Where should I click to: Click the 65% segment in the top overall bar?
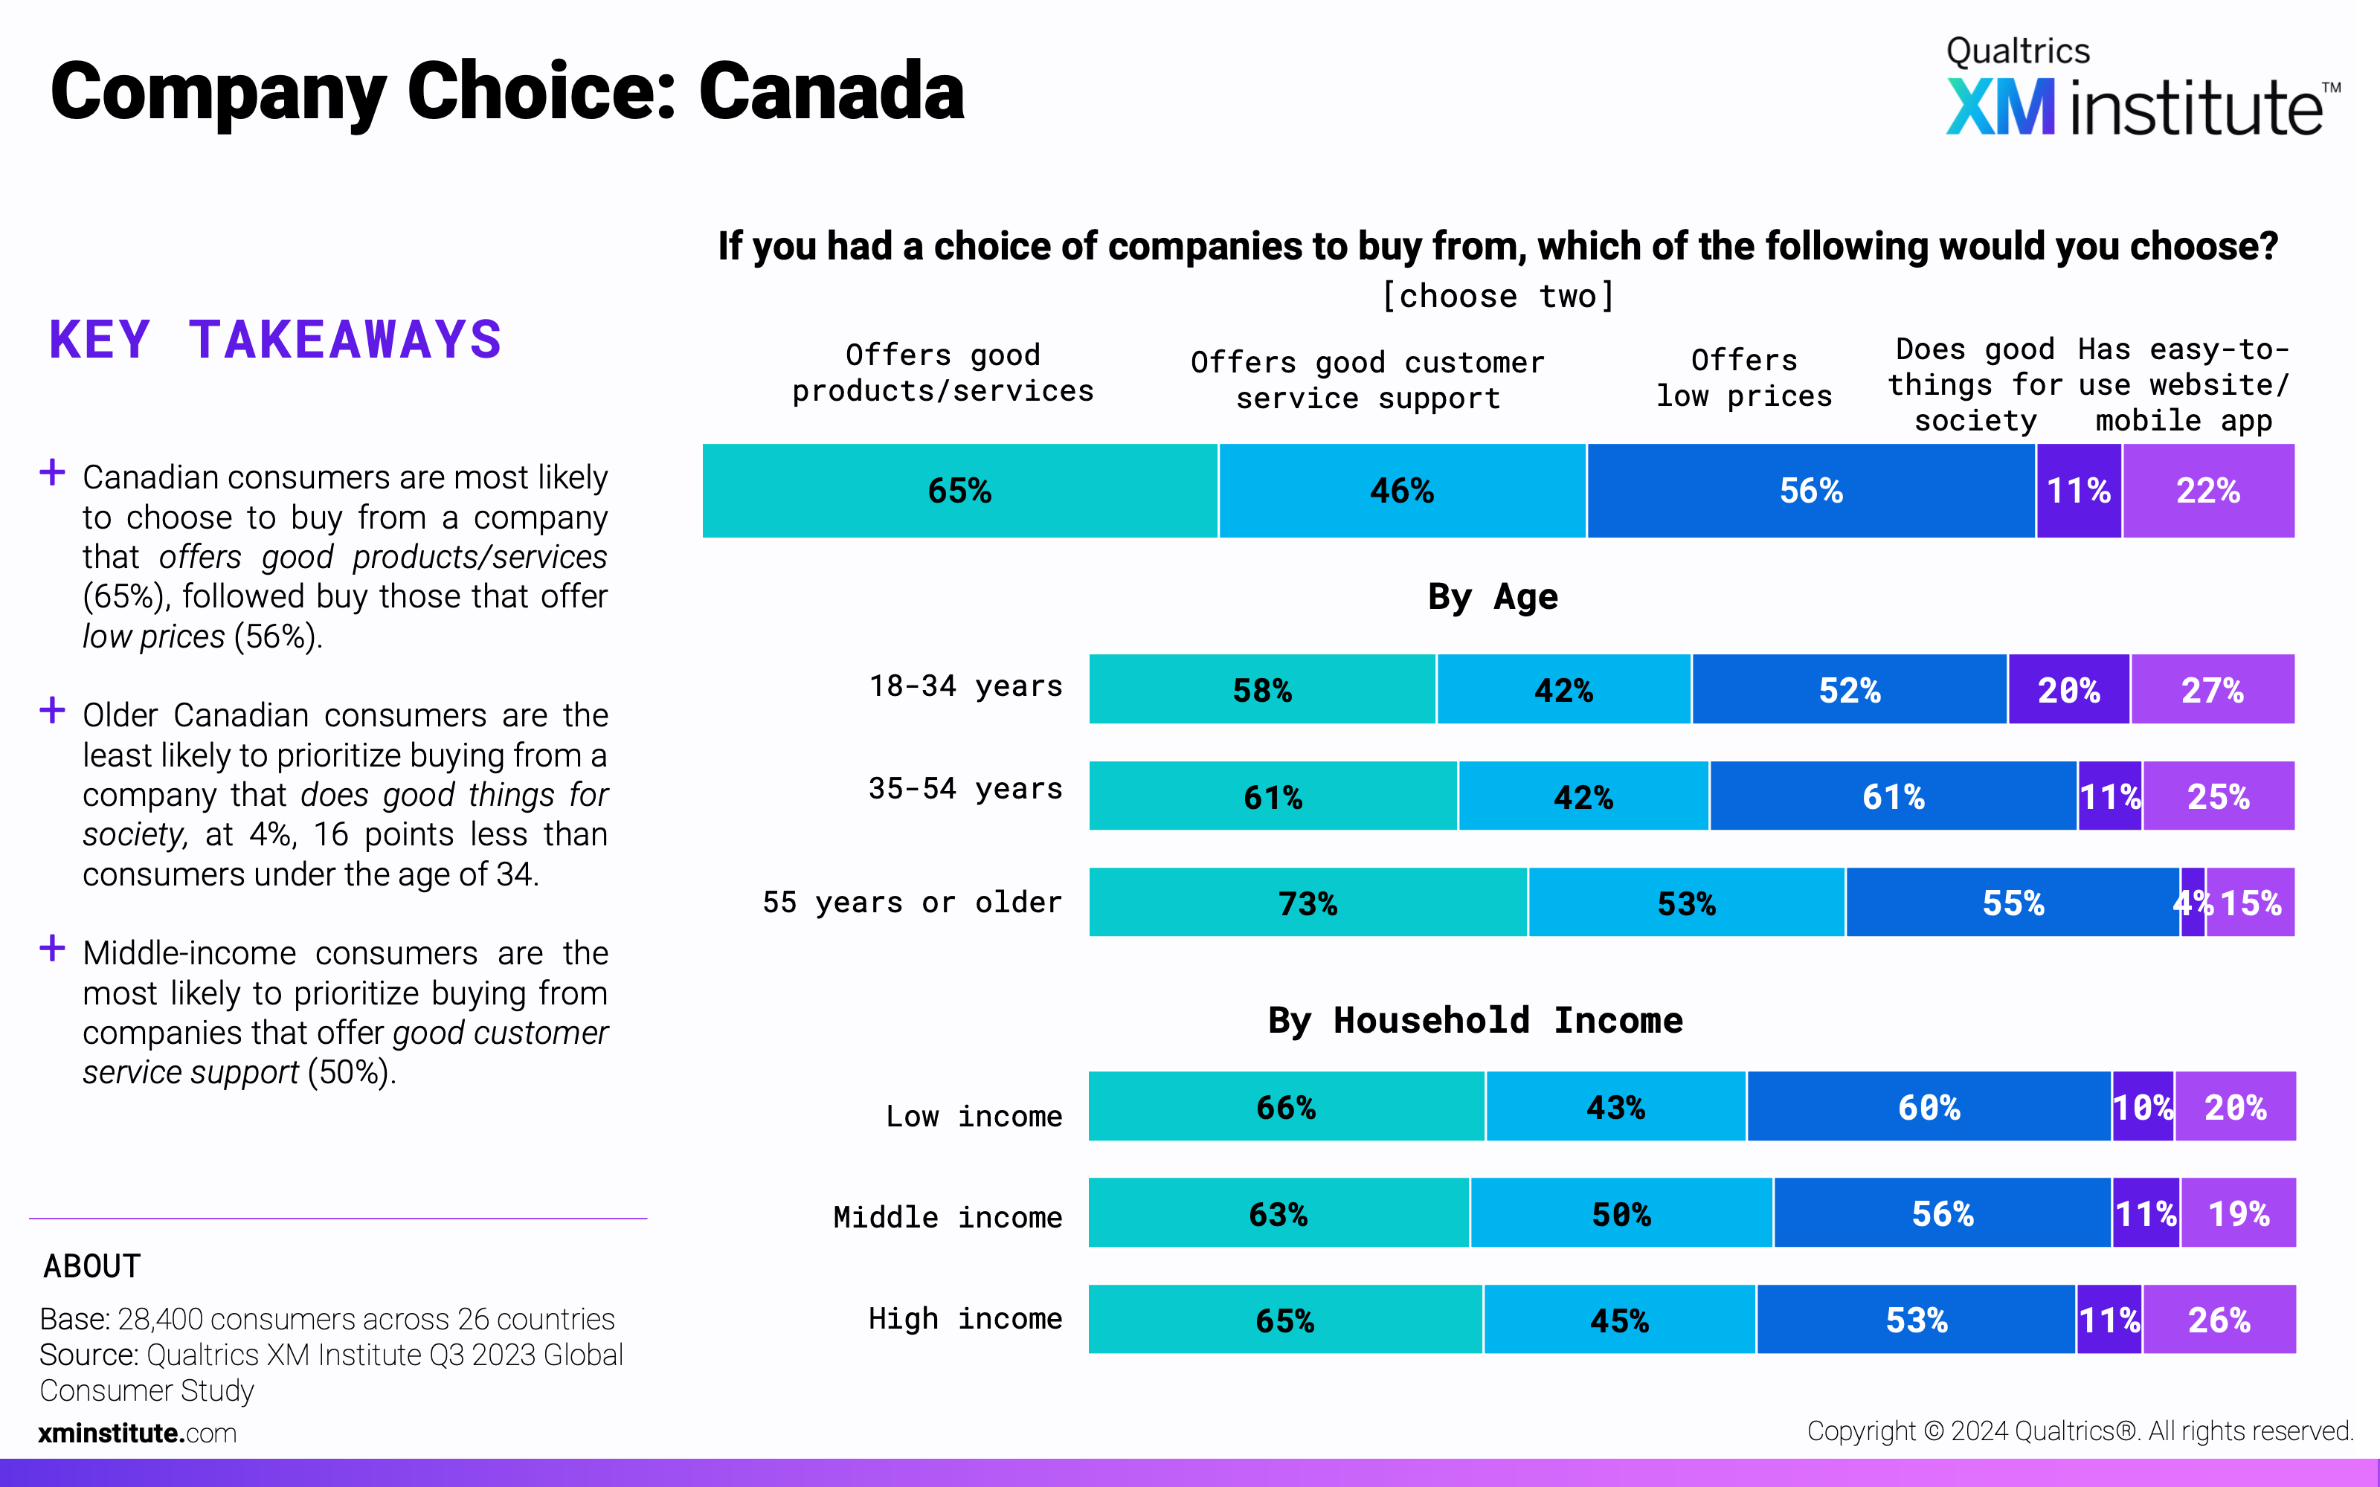pos(960,491)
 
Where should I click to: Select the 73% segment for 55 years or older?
pos(1308,903)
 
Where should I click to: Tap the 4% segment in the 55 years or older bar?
pos(2192,903)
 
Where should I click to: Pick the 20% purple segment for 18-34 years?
pos(2068,689)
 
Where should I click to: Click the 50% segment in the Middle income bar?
pos(1621,1213)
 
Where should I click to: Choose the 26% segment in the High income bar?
pos(2219,1320)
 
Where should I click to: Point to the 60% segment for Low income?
pos(1929,1107)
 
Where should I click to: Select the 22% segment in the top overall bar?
pos(2208,491)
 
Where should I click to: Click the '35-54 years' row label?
pos(965,789)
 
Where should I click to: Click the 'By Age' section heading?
pos(1492,597)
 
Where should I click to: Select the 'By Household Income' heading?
pos(1474,1021)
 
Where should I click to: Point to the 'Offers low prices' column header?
pos(1743,378)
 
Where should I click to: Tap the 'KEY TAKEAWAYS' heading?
pos(275,341)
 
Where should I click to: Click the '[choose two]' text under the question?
pos(1497,296)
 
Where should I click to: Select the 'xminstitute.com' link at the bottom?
pos(138,1433)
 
